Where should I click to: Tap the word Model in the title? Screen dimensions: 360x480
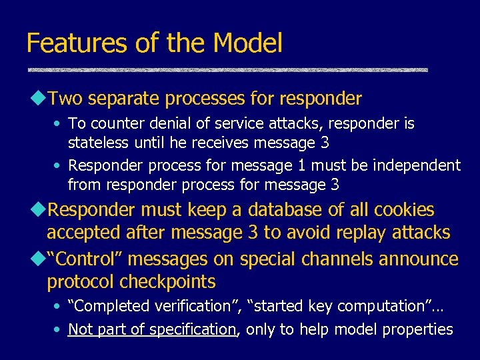click(248, 43)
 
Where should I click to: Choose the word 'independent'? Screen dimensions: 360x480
click(417, 165)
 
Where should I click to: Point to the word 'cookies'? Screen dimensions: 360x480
click(403, 211)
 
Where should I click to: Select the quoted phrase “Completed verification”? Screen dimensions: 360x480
click(154, 307)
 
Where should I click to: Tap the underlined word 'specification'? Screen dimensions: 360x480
click(193, 329)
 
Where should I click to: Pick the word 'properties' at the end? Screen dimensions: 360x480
click(420, 329)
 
